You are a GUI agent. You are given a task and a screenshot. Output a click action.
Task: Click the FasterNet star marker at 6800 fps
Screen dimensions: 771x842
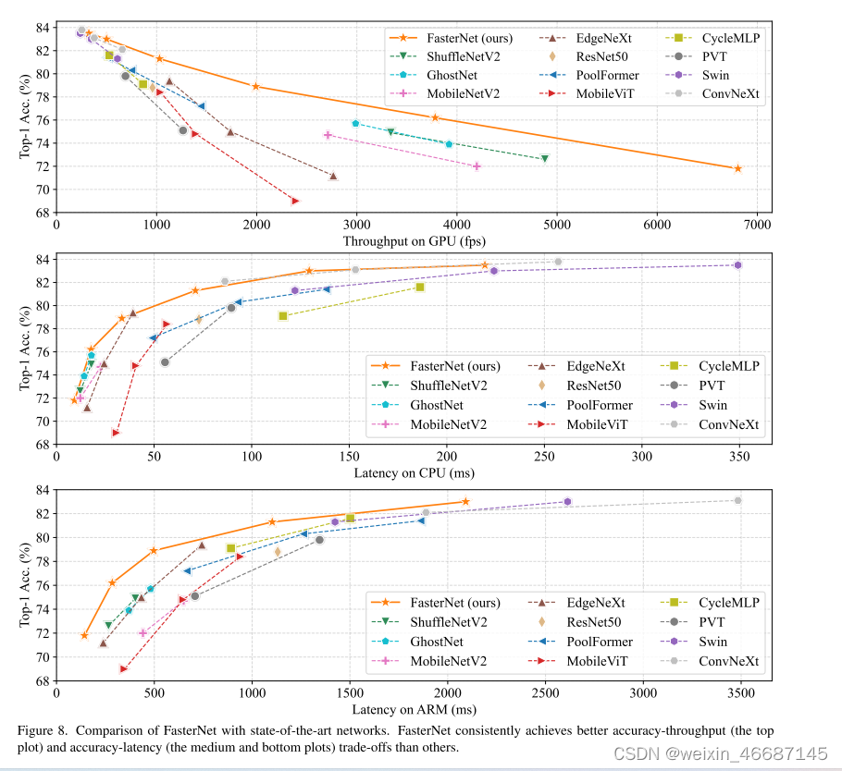pyautogui.click(x=737, y=168)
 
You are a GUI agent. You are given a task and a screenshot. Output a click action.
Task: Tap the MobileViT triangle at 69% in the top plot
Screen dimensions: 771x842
pyautogui.click(x=295, y=201)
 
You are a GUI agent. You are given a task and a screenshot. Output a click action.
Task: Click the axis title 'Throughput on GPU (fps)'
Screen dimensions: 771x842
pyautogui.click(x=415, y=241)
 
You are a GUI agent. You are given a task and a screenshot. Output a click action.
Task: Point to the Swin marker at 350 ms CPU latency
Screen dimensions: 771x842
pyautogui.click(x=737, y=265)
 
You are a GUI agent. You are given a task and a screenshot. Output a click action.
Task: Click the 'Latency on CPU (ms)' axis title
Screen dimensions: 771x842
pyautogui.click(x=415, y=473)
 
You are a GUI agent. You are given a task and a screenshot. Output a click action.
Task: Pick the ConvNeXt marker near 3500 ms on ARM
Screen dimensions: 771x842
pyautogui.click(x=737, y=500)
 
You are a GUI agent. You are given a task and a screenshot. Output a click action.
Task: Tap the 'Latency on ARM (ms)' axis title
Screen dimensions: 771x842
pyautogui.click(x=415, y=710)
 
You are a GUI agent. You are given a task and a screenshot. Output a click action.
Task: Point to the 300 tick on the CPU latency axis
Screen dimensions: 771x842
pyautogui.click(x=641, y=457)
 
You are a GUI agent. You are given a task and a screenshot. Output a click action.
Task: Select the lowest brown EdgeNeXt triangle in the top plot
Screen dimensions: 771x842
pyautogui.click(x=333, y=176)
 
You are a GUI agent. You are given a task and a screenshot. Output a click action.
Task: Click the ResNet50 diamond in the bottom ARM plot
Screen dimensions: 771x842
pyautogui.click(x=278, y=552)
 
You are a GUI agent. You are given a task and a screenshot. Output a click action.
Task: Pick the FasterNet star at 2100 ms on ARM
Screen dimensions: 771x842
pyautogui.click(x=465, y=501)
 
